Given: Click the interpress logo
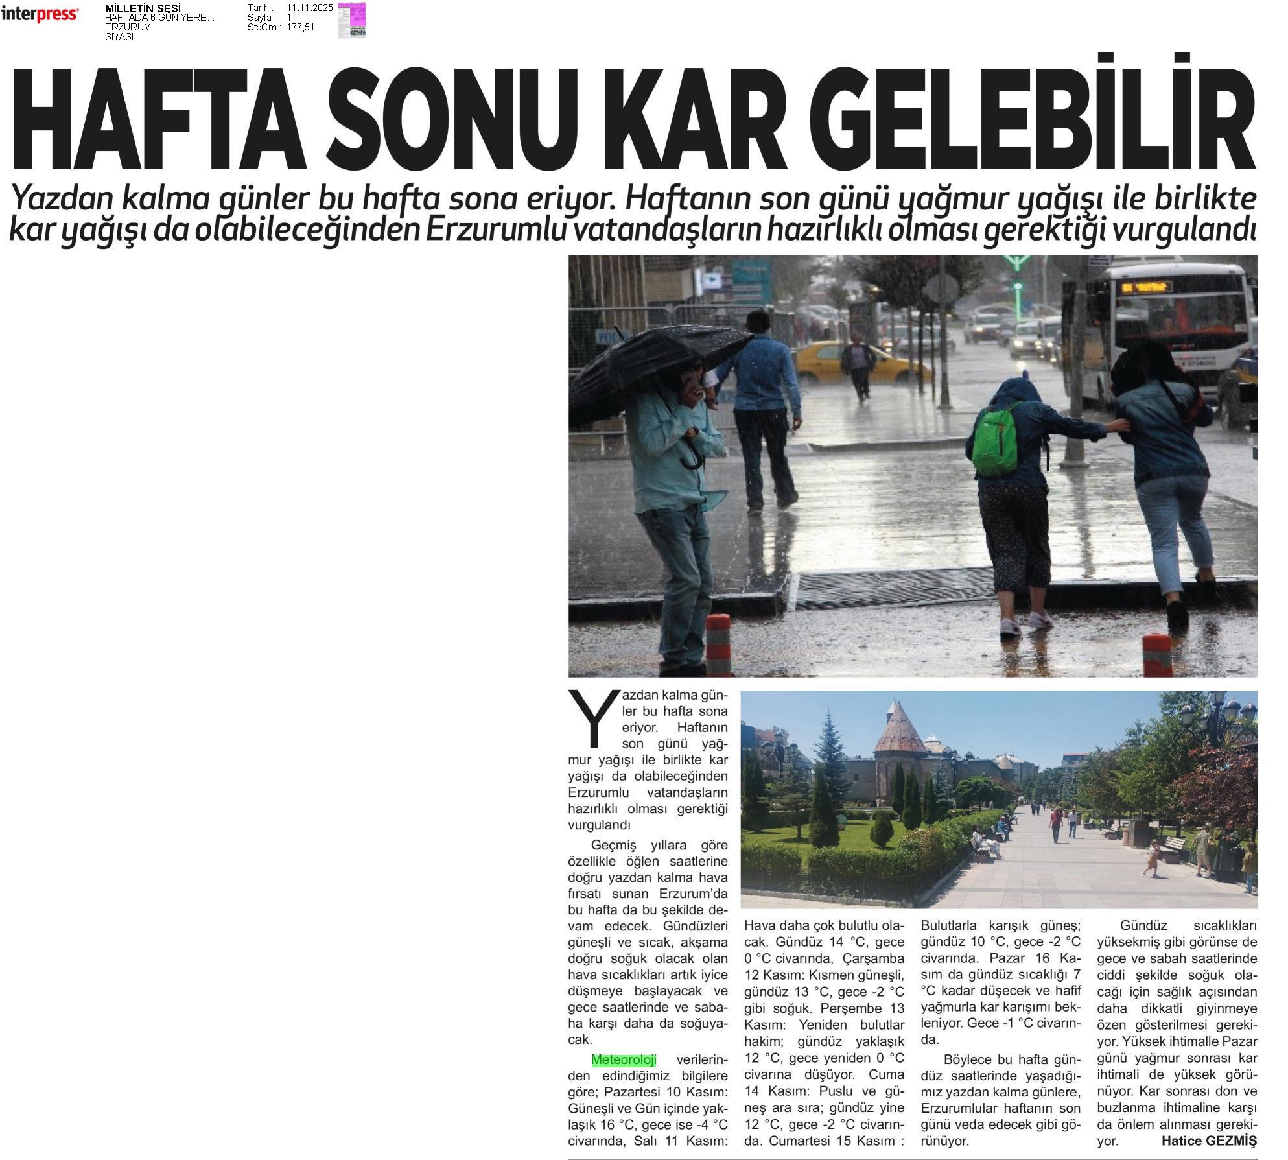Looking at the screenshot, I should click(x=40, y=14).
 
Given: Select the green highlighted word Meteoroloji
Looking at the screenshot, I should click(x=624, y=1059).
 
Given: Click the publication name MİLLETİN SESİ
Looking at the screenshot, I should click(x=143, y=8).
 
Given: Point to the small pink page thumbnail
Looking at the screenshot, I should click(x=351, y=20).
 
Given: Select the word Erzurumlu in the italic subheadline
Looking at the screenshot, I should click(x=496, y=231).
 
